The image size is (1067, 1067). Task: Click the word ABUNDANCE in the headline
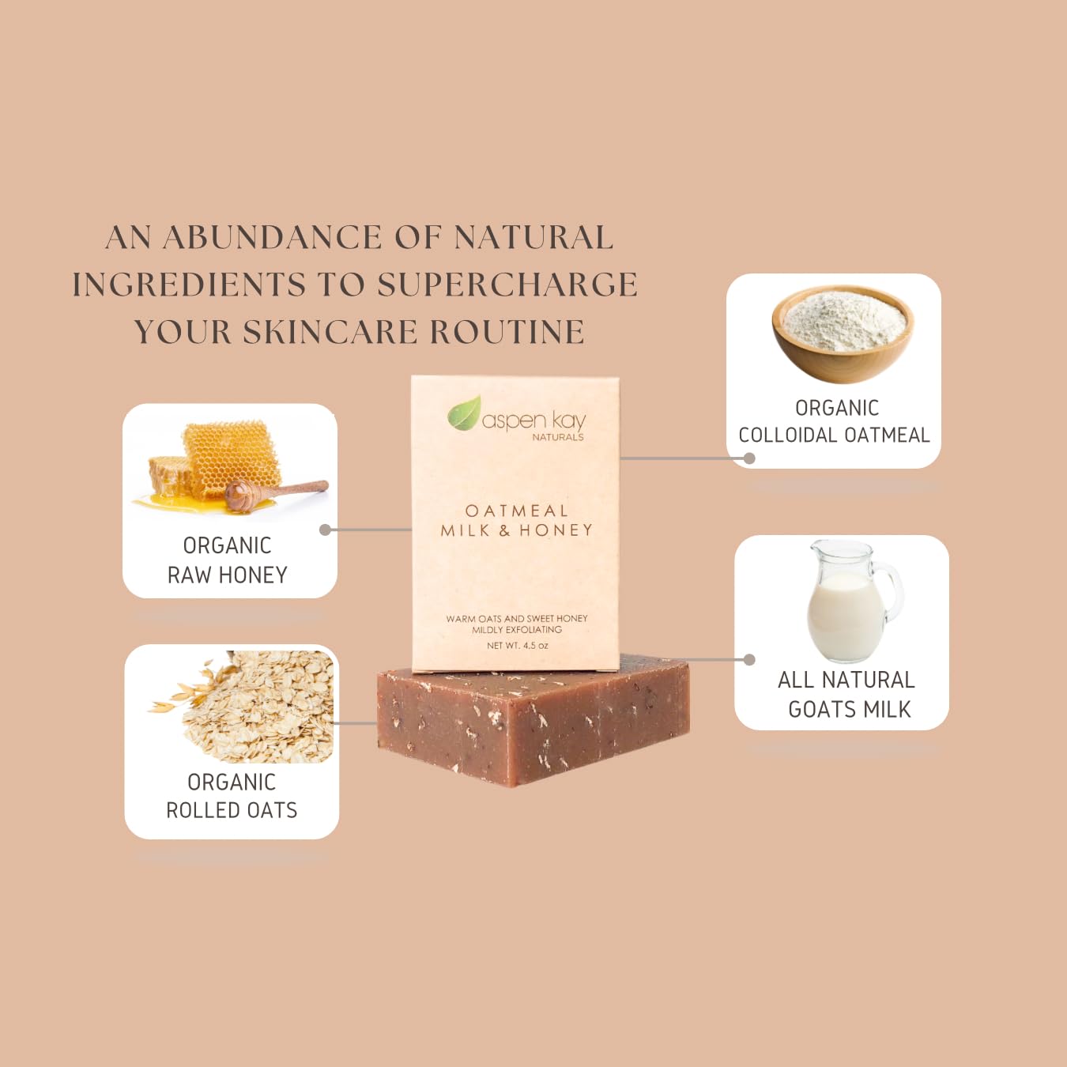coord(273,238)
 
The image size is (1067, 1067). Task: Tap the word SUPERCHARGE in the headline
coord(507,285)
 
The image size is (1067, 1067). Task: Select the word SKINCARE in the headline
coord(330,333)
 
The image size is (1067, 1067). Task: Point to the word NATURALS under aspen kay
coord(557,437)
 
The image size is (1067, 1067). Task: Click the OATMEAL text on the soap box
coord(516,511)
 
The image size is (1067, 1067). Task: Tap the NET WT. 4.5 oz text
coord(517,646)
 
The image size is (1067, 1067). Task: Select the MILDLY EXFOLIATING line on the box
coord(517,630)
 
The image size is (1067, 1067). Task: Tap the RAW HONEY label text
coord(228,575)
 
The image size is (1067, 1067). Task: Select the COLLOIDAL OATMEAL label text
coord(834,435)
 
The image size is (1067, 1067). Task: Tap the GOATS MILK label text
coord(850,710)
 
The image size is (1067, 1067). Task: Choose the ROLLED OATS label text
coord(232,811)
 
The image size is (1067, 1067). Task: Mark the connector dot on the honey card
coord(325,530)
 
